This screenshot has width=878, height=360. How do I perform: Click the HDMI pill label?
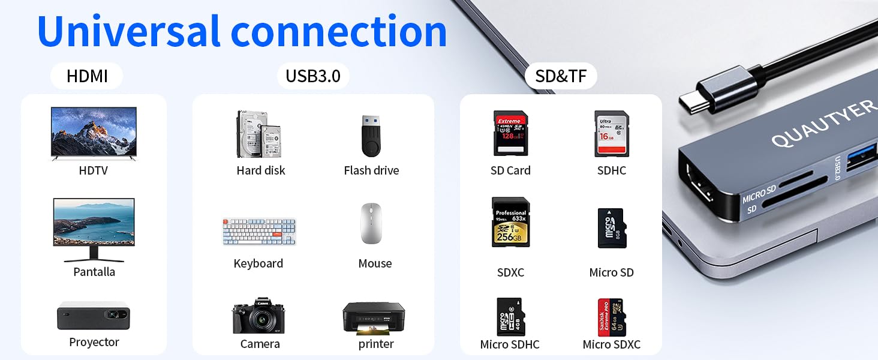pyautogui.click(x=87, y=76)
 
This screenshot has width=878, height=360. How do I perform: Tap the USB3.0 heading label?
pyautogui.click(x=313, y=76)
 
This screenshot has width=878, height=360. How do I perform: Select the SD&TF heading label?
pyautogui.click(x=561, y=76)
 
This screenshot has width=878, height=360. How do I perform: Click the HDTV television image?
pyautogui.click(x=94, y=133)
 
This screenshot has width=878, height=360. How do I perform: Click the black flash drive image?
pyautogui.click(x=371, y=136)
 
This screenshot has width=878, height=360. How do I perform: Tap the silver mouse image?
pyautogui.click(x=372, y=223)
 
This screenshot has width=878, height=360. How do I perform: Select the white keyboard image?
pyautogui.click(x=259, y=231)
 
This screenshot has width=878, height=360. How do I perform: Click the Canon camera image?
pyautogui.click(x=258, y=316)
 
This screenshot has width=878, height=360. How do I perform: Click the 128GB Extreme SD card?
pyautogui.click(x=510, y=133)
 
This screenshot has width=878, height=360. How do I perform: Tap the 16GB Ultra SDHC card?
pyautogui.click(x=611, y=133)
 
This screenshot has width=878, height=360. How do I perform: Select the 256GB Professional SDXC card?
pyautogui.click(x=510, y=223)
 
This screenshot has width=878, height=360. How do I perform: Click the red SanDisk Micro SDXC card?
pyautogui.click(x=611, y=317)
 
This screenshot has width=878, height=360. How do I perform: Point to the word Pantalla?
pyautogui.click(x=94, y=272)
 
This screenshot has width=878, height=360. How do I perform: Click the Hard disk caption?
pyautogui.click(x=261, y=170)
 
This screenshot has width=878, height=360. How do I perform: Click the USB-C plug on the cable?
pyautogui.click(x=702, y=96)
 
